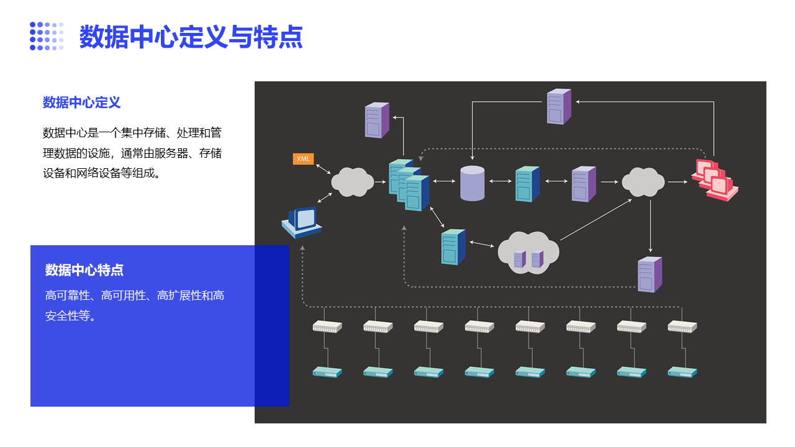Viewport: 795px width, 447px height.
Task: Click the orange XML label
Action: pos(303,158)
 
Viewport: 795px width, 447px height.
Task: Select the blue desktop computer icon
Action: pos(302,222)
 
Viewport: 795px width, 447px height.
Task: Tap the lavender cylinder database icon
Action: pos(472,183)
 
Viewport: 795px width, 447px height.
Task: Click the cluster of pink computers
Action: pos(715,180)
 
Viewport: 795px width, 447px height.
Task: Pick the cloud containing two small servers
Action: pos(528,253)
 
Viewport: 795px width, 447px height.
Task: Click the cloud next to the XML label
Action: pos(352,182)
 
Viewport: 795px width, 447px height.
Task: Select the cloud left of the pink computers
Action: pos(643,182)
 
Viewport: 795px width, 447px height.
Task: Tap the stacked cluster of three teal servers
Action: pos(409,185)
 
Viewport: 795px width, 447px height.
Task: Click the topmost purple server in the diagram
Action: pos(559,106)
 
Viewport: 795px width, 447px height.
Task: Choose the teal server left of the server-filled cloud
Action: pos(453,247)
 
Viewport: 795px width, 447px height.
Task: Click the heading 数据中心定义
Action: pos(81,102)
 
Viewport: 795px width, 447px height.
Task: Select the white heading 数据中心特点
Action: pos(84,270)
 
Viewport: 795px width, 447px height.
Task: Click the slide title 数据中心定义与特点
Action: pos(191,37)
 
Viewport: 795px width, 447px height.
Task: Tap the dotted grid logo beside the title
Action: pos(47,36)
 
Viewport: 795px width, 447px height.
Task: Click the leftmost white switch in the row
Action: pos(327,327)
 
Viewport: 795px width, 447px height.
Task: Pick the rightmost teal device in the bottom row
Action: pos(682,372)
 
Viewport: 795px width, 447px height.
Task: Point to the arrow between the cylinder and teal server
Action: pos(501,181)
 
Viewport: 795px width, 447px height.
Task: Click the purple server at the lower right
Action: pos(650,274)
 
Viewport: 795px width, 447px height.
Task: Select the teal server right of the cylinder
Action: pos(527,184)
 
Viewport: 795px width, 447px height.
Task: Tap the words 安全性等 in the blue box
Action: pos(68,315)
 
